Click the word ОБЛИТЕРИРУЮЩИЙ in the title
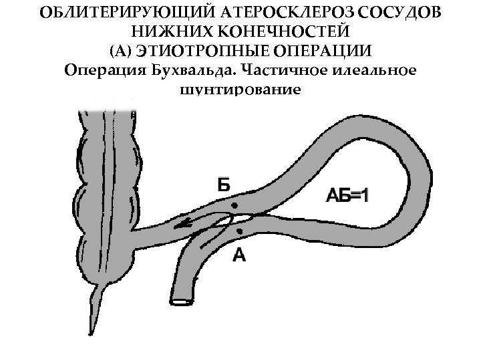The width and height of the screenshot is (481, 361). pyautogui.click(x=117, y=13)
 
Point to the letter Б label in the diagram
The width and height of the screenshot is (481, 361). pyautogui.click(x=226, y=184)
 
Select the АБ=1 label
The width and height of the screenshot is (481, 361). pyautogui.click(x=350, y=195)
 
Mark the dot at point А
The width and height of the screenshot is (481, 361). pyautogui.click(x=238, y=231)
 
